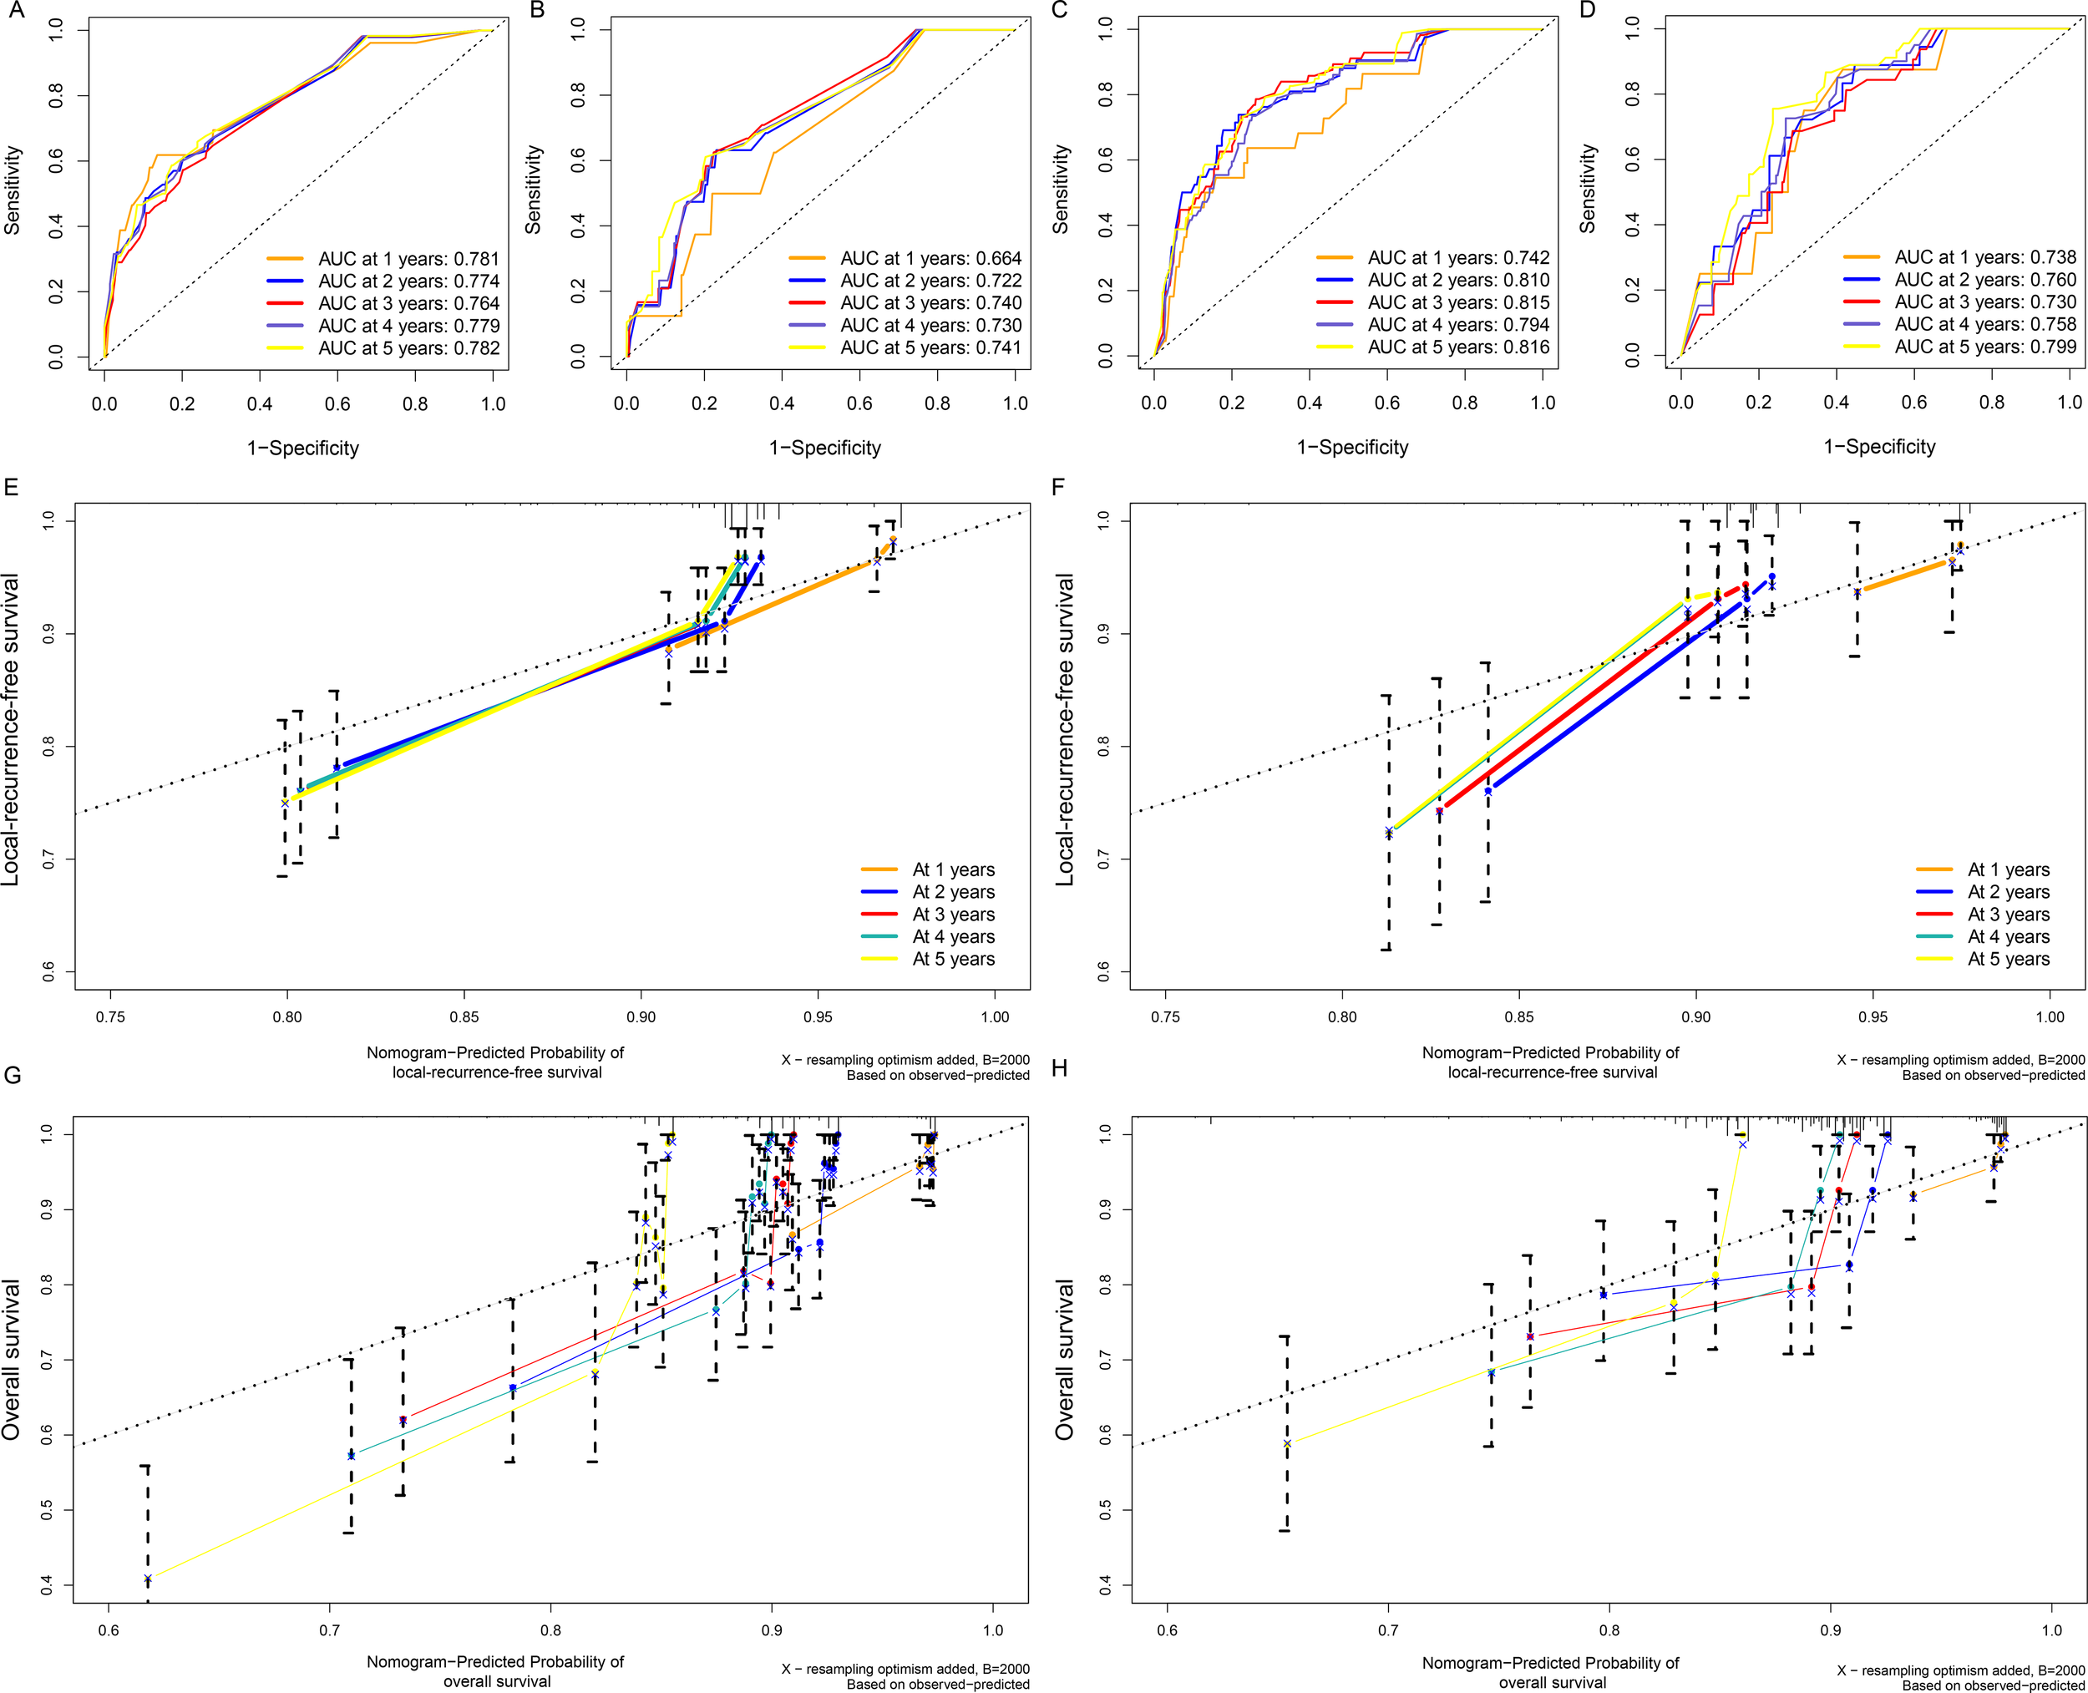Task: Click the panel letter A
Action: (x=15, y=11)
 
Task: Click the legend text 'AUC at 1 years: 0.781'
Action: (x=408, y=258)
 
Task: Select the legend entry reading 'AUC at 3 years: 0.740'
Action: (x=930, y=303)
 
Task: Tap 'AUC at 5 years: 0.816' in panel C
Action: (x=1458, y=347)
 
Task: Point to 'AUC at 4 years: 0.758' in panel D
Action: (x=1984, y=324)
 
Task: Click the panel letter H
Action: (x=1060, y=1069)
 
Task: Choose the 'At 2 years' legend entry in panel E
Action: (x=953, y=891)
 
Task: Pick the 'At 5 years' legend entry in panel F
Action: (x=2008, y=959)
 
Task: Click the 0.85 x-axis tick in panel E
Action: (x=464, y=1016)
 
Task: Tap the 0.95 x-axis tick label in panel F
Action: (x=1873, y=1016)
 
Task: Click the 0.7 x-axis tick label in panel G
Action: (x=330, y=1630)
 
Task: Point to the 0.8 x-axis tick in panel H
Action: (x=1609, y=1630)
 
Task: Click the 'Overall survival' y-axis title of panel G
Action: (x=12, y=1360)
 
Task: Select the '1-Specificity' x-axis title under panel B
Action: (x=825, y=448)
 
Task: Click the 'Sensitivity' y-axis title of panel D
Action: (x=1588, y=188)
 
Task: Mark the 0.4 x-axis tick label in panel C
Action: (x=1309, y=403)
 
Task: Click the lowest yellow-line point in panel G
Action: (x=147, y=1578)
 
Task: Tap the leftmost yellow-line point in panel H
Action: (x=1287, y=1443)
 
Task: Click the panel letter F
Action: (x=1059, y=485)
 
